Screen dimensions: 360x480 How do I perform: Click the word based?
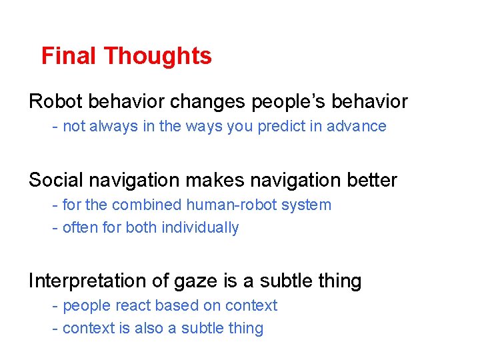pos(175,305)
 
